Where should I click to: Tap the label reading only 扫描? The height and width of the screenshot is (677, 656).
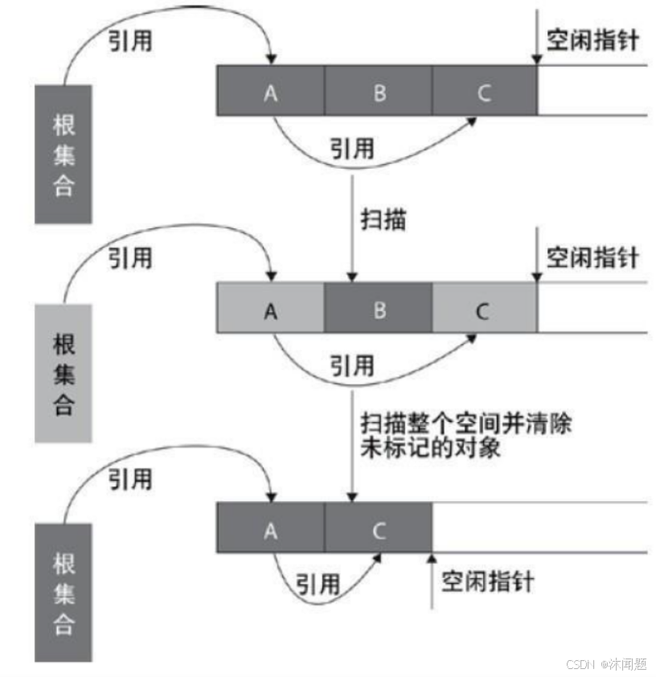pyautogui.click(x=383, y=219)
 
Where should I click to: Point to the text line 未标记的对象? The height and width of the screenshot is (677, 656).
pyautogui.click(x=432, y=447)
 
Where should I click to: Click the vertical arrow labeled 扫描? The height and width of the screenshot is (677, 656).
pyautogui.click(x=351, y=225)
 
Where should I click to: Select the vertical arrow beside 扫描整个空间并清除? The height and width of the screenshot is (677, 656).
pyautogui.click(x=351, y=442)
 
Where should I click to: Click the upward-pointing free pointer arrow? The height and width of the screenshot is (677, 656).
pyautogui.click(x=432, y=579)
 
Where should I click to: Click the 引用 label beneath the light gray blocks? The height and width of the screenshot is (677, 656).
pyautogui.click(x=352, y=366)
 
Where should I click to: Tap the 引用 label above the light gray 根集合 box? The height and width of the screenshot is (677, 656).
pyautogui.click(x=130, y=257)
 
